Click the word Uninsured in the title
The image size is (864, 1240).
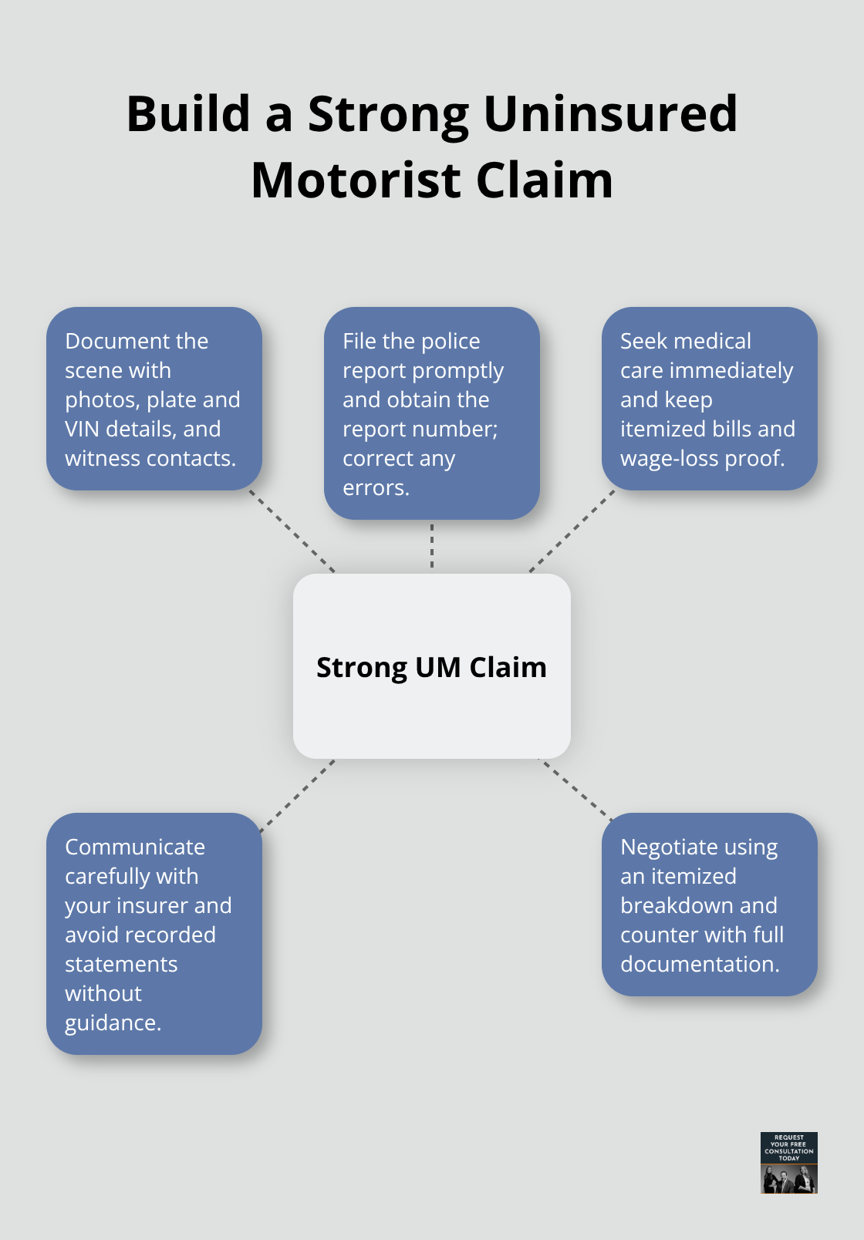[609, 113]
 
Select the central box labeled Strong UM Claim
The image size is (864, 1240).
[431, 666]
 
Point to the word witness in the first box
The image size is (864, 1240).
[102, 459]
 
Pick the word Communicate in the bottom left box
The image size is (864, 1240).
[135, 847]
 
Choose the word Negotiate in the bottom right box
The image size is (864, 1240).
[669, 847]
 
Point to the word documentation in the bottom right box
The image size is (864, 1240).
[699, 965]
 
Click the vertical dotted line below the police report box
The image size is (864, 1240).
[432, 546]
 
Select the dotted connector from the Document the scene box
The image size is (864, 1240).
[292, 531]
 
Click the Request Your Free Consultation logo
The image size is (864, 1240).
[788, 1162]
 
